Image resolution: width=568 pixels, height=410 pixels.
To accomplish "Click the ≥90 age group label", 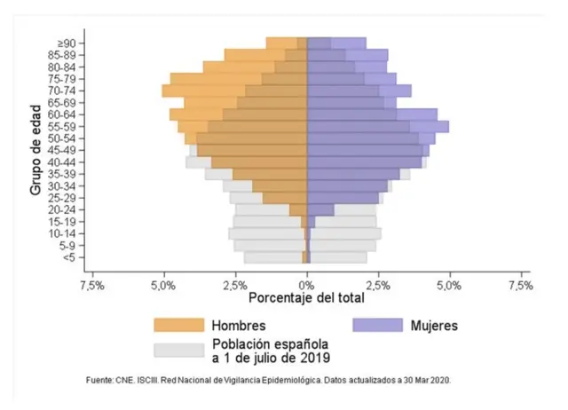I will pos(72,43).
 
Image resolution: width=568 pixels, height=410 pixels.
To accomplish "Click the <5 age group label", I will pos(74,257).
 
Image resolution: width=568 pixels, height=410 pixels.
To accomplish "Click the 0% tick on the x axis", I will pos(306,286).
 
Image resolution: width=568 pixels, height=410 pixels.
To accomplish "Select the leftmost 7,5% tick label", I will pos(92,286).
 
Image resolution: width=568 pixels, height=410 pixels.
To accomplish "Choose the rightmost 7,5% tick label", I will pos(520,286).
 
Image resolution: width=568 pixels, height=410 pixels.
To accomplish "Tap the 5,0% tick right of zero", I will pos(449,286).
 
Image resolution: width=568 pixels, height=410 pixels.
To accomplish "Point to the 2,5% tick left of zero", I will pos(235,286).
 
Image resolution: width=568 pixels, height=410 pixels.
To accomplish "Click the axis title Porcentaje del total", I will pos(306,299).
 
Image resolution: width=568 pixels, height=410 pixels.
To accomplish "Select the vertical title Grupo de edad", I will pos(36,150).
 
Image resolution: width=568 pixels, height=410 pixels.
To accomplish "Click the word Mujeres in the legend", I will pos(435,325).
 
